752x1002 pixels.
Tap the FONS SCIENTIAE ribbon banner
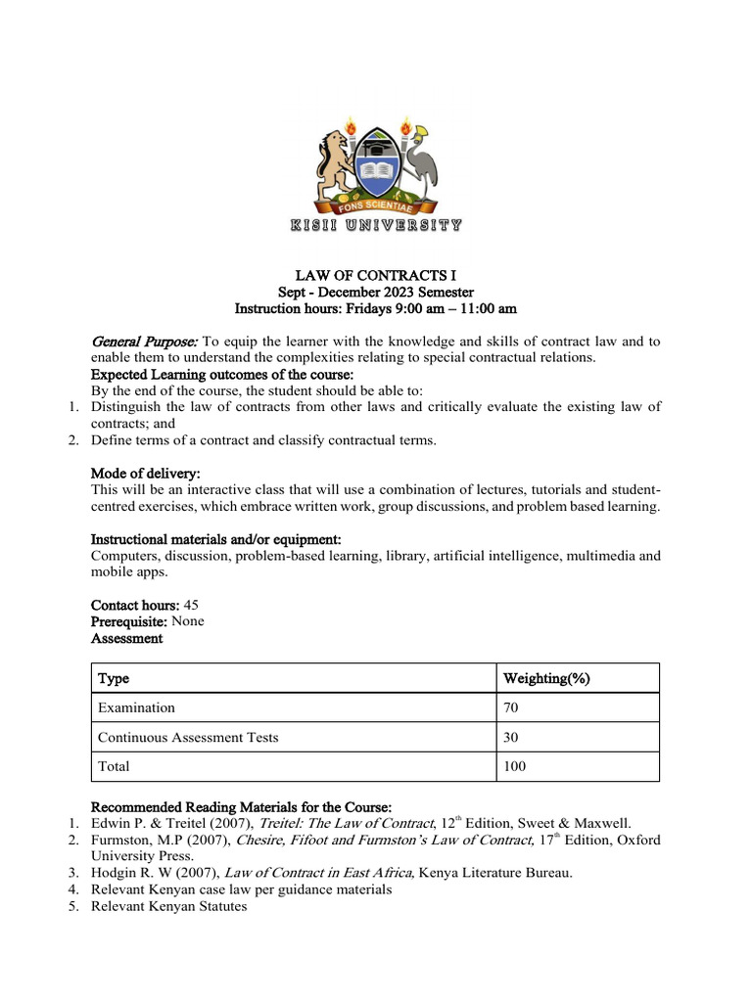point(375,207)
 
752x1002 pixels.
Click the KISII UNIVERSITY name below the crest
point(376,226)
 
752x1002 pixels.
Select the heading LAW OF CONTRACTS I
point(375,276)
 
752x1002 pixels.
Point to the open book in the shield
point(376,176)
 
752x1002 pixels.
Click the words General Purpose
point(144,342)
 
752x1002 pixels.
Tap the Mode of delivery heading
point(145,474)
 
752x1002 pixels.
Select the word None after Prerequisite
point(188,621)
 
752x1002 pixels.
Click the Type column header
point(113,679)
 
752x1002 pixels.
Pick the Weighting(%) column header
point(545,679)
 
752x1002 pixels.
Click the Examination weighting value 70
point(511,707)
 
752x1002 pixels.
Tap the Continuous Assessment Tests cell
point(187,737)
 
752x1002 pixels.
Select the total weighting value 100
point(514,766)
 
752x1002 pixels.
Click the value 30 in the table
point(511,737)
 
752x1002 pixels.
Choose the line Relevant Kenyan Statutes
point(169,906)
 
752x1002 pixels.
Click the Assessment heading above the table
point(127,638)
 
